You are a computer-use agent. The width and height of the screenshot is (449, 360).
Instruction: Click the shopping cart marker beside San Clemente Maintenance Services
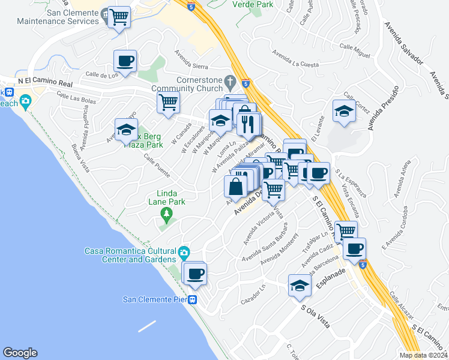pos(119,16)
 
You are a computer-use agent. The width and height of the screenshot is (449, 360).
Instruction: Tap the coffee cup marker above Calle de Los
pos(125,61)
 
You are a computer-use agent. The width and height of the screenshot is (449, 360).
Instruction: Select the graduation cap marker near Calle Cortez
pos(344,112)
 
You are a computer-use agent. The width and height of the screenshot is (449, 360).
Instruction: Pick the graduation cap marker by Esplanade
pos(300,286)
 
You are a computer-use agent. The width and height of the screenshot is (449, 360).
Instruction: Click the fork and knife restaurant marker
pos(248,124)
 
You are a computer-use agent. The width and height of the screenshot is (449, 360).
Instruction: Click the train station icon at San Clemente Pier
pos(193,300)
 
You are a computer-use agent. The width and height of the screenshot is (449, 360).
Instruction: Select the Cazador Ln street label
pos(253,294)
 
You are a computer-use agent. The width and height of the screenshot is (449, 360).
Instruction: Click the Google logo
pos(20,353)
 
